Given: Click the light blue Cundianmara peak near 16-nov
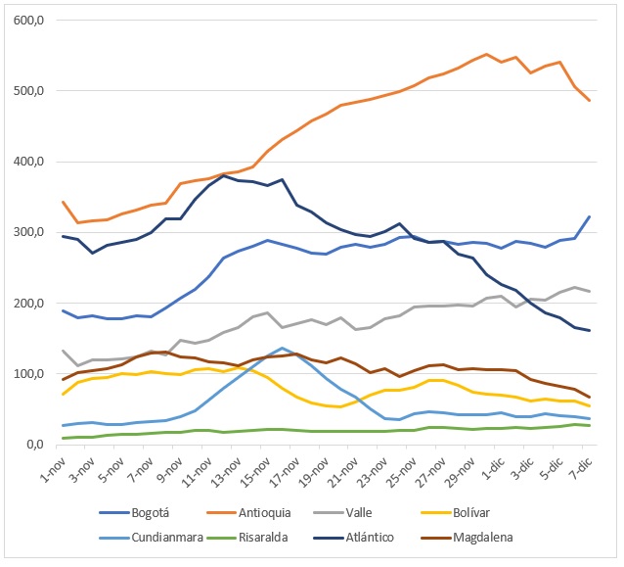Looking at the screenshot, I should pyautogui.click(x=283, y=348).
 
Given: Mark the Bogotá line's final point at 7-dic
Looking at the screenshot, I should pyautogui.click(x=589, y=216).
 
